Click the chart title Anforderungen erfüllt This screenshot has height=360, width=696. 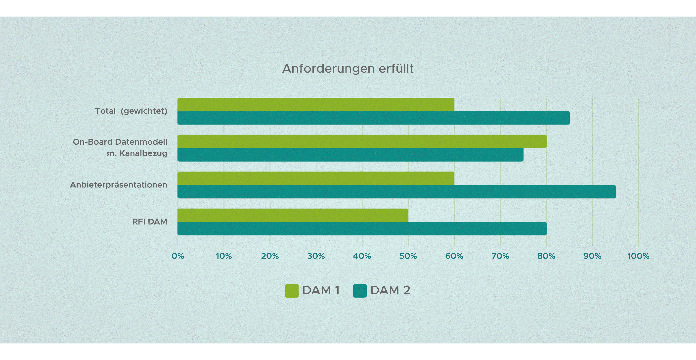click(348, 69)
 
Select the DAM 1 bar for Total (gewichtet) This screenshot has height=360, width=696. click(316, 105)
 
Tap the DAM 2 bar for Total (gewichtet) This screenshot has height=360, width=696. click(373, 118)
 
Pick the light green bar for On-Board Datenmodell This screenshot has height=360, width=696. click(362, 141)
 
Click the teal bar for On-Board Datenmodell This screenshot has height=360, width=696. click(350, 155)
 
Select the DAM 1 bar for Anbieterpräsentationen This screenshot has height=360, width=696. click(316, 178)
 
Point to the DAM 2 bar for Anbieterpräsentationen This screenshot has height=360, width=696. click(396, 192)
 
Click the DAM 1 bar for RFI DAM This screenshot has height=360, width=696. click(293, 215)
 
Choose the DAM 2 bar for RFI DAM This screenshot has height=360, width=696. click(362, 229)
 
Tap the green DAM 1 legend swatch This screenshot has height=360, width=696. click(292, 291)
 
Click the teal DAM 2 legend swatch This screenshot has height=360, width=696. click(360, 291)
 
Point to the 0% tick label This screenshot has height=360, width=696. click(178, 256)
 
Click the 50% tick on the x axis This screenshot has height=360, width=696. click(408, 256)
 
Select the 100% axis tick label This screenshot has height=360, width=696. click(638, 256)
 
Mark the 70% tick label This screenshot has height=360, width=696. click(500, 256)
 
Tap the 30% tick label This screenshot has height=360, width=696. click(316, 256)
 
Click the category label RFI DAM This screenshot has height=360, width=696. click(149, 222)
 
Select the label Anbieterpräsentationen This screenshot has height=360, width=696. click(118, 185)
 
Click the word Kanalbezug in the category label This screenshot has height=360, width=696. click(143, 153)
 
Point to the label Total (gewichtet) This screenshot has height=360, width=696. click(131, 111)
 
